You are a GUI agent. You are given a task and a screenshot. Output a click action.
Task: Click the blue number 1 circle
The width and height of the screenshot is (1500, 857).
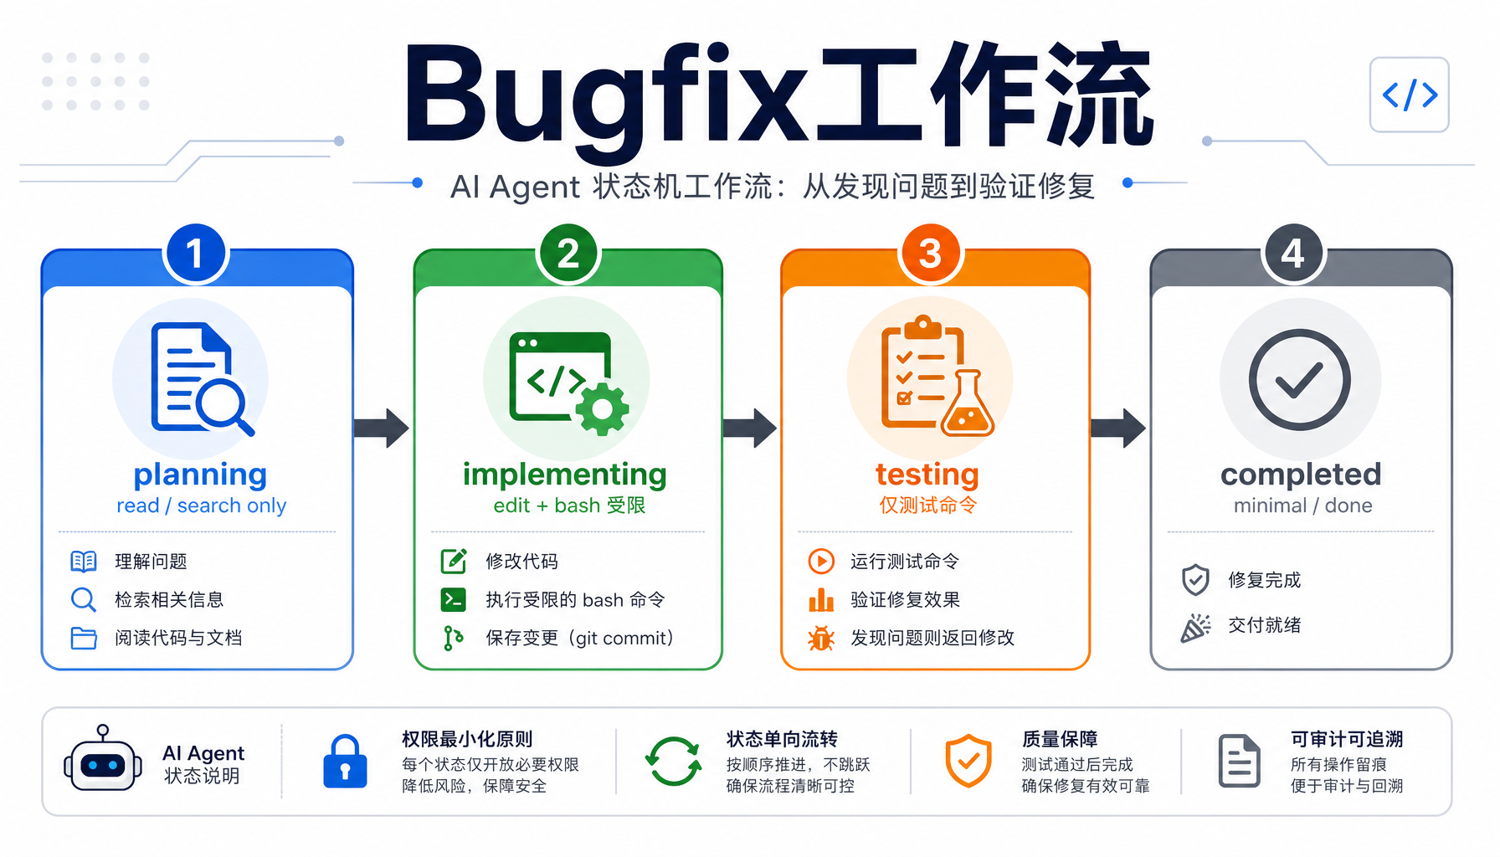pos(196,254)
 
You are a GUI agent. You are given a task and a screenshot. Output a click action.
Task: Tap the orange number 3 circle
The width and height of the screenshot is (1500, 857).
pos(930,254)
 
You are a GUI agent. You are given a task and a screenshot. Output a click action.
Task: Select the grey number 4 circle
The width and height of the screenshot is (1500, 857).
pos(1292,254)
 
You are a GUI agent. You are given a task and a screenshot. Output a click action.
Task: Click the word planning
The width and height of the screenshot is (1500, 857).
pos(200,475)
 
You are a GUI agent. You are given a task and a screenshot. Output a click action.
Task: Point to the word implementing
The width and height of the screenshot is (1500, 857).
pos(565,475)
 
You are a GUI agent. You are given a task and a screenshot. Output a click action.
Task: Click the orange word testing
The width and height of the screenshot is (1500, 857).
pos(927,475)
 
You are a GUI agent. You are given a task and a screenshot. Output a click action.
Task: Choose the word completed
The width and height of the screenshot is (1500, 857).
pos(1301,475)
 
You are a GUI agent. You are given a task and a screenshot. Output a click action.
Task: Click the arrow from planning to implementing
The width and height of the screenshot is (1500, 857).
pos(382,428)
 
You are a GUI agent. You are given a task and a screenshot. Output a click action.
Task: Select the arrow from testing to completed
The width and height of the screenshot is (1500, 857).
pos(1117,428)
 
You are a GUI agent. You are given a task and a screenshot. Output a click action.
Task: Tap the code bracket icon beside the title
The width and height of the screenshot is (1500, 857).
pos(1410,95)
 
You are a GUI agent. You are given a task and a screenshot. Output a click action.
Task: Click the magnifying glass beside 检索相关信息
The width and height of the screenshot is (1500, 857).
pos(84,600)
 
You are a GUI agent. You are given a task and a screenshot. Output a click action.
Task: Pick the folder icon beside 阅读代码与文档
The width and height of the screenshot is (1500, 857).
pos(84,639)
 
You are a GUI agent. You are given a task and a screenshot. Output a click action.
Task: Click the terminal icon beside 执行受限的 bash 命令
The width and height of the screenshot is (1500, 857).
pos(454,600)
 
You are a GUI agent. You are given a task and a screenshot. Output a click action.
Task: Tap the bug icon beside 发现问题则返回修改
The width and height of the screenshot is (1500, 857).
pos(821,639)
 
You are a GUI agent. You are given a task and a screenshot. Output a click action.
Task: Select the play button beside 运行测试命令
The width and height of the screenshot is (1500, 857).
pos(821,561)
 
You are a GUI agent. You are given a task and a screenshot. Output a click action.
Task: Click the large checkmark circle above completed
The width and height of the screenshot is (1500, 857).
pos(1299,380)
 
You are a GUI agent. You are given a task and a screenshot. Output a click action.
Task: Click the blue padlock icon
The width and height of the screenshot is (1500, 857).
pos(345,762)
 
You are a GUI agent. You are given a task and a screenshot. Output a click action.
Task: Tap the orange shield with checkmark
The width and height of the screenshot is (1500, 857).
pos(968,761)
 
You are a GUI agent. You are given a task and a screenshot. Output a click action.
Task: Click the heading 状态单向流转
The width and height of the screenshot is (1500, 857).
pos(782,740)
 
